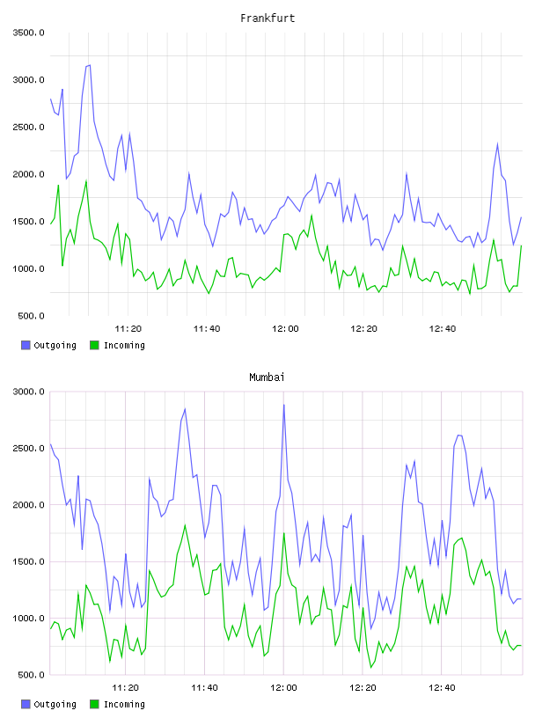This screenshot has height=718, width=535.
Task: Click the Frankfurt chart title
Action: [267, 18]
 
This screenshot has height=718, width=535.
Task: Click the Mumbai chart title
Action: [267, 377]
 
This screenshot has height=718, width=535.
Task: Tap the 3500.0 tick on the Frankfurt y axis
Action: [29, 33]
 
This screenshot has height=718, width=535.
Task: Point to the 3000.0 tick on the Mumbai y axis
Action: [29, 392]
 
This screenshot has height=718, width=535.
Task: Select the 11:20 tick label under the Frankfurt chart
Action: [128, 328]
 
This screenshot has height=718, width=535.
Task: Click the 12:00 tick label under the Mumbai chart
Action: [283, 687]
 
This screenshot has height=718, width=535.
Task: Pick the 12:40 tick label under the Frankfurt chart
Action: [443, 328]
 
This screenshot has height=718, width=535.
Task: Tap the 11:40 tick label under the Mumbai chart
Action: [205, 687]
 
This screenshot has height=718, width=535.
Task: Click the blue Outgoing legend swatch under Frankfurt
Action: [26, 345]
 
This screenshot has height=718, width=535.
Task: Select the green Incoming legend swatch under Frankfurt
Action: [94, 345]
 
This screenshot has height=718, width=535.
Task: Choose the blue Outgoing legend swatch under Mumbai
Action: [26, 704]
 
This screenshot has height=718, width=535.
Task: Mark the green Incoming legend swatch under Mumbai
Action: [94, 704]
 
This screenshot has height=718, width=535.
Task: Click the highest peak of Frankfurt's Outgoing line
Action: [90, 65]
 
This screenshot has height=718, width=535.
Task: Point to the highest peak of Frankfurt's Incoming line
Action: [86, 181]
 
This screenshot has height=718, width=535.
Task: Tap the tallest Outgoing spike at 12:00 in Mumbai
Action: [284, 405]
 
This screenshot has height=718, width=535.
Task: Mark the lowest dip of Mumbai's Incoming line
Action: [371, 668]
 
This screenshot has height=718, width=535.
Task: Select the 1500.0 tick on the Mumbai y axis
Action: [29, 561]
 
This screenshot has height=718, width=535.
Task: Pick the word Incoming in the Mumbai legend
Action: [124, 704]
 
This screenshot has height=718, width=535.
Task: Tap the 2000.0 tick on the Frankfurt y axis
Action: [29, 174]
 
